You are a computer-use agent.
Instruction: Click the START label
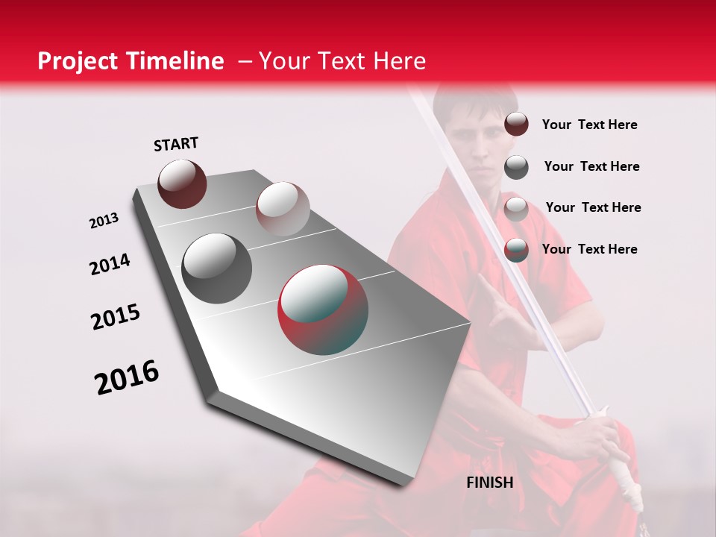pyautogui.click(x=176, y=144)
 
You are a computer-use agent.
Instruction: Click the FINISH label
pyautogui.click(x=490, y=483)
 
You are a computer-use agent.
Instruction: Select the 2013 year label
pyautogui.click(x=104, y=221)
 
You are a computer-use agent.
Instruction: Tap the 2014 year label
pyautogui.click(x=110, y=265)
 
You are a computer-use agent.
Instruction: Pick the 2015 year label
pyautogui.click(x=116, y=317)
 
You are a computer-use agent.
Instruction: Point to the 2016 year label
pyautogui.click(x=127, y=377)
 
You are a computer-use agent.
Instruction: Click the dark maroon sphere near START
pyautogui.click(x=182, y=184)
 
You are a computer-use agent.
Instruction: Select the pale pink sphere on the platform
pyautogui.click(x=282, y=209)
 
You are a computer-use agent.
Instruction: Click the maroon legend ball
pyautogui.click(x=516, y=124)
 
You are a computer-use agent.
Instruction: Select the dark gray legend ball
pyautogui.click(x=516, y=167)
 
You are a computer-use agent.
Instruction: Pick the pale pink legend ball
pyautogui.click(x=516, y=208)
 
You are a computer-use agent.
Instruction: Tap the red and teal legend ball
pyautogui.click(x=516, y=250)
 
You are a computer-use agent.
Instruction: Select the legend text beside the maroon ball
pyautogui.click(x=589, y=125)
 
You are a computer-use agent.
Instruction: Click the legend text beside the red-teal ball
pyautogui.click(x=589, y=249)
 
